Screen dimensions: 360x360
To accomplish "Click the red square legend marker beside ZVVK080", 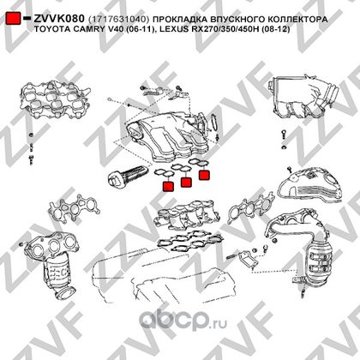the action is click(14, 18).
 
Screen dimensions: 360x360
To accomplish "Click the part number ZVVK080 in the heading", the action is click(59, 19).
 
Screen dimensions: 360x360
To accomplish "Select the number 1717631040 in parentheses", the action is click(119, 20).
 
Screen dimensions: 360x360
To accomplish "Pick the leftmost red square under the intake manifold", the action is click(168, 186).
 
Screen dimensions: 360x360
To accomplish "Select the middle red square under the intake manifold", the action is click(186, 182).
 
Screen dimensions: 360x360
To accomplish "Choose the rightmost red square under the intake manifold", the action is click(204, 175).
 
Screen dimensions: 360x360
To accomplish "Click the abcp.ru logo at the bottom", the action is click(183, 318).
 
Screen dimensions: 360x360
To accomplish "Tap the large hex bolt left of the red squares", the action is click(128, 177).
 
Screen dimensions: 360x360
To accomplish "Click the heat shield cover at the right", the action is click(310, 186).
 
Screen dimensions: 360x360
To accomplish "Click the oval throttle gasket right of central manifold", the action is click(214, 122).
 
